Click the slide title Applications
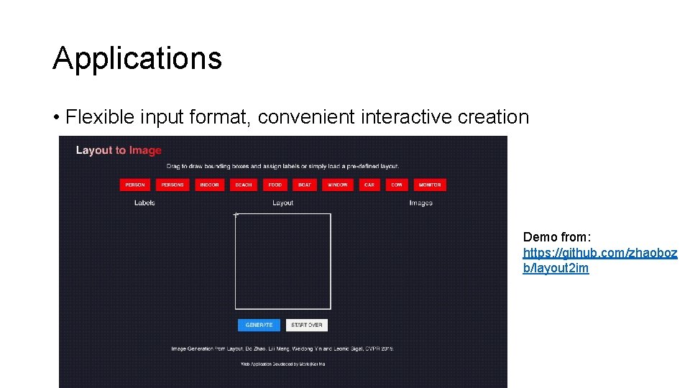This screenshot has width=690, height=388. (x=137, y=58)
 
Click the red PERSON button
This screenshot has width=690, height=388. (x=135, y=185)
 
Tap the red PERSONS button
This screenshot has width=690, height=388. (x=172, y=185)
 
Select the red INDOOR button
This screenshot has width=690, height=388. (x=209, y=185)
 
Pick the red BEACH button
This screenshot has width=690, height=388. (x=244, y=185)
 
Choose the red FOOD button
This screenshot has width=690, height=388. (x=275, y=185)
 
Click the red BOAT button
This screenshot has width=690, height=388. (x=305, y=185)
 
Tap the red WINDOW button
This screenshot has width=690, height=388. (x=337, y=185)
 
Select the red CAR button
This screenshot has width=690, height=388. (x=369, y=185)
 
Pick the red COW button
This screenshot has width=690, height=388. (x=397, y=185)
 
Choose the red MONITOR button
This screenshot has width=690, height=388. (x=430, y=185)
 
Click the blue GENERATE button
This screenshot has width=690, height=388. (x=259, y=325)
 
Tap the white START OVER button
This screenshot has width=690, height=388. (x=307, y=325)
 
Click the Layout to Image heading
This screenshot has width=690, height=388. (x=119, y=150)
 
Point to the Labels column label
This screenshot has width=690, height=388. (x=144, y=203)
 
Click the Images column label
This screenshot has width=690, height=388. (x=421, y=203)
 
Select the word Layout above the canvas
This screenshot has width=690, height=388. (x=283, y=203)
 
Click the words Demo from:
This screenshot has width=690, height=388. (x=557, y=237)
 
